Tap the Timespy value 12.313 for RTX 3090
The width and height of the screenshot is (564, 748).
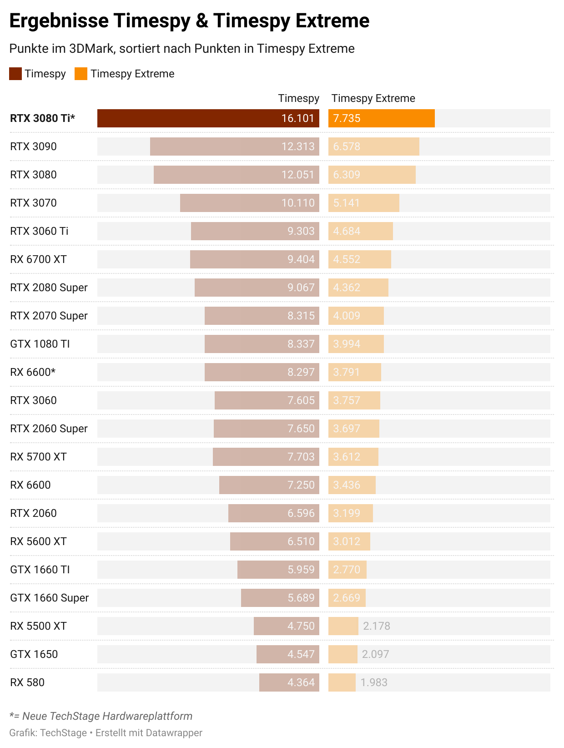(x=298, y=147)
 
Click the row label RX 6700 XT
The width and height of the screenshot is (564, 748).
(x=38, y=259)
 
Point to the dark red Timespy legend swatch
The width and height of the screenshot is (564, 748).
(x=15, y=74)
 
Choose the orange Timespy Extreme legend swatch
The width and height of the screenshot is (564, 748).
(x=81, y=74)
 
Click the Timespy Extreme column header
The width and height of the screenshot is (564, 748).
(x=373, y=98)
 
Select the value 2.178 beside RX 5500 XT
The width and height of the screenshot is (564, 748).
(x=377, y=626)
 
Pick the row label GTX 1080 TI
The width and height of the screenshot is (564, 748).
(x=40, y=344)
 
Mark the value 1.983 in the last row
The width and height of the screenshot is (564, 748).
(x=374, y=682)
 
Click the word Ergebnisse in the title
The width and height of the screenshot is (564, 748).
(x=59, y=21)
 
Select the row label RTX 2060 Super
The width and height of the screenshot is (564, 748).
(x=49, y=429)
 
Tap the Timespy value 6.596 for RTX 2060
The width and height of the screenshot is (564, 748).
(x=301, y=513)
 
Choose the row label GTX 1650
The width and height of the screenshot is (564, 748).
(x=34, y=654)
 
